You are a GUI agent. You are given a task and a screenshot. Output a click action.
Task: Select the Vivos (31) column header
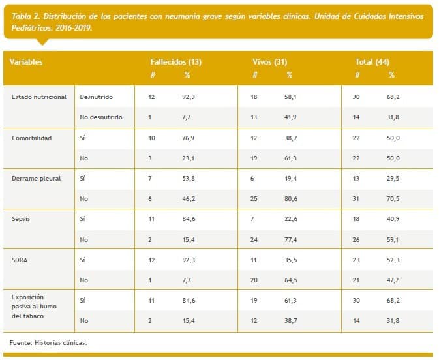(269, 61)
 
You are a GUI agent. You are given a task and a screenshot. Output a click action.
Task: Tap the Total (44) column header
(372, 61)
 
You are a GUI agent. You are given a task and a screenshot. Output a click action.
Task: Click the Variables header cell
(26, 61)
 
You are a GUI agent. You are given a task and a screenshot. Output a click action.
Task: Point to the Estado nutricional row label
(39, 97)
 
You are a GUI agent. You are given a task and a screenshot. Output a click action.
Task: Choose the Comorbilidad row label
(32, 138)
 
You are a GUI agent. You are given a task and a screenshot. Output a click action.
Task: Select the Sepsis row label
(22, 218)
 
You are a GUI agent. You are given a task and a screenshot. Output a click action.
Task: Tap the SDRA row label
(20, 260)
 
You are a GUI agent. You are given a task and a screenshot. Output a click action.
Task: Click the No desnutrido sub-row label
(101, 117)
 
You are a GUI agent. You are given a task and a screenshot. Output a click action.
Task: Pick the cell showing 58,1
(290, 97)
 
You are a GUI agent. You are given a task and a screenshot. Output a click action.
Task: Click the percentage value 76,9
(189, 138)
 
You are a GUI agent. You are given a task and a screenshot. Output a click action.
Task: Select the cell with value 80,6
(290, 198)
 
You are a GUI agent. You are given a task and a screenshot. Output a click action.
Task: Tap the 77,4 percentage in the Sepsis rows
(290, 239)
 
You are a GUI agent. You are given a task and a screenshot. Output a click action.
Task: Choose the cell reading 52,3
(393, 260)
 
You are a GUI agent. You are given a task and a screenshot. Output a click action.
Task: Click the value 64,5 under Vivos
(290, 280)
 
